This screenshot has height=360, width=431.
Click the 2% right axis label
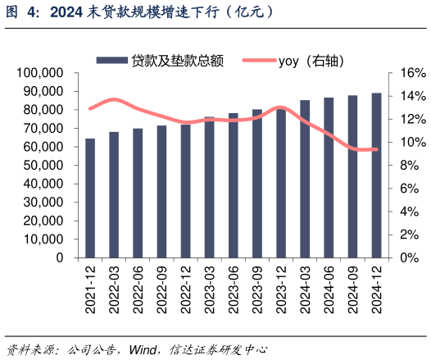[409, 235]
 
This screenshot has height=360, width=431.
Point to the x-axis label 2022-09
[161, 290]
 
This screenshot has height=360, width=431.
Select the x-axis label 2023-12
[281, 290]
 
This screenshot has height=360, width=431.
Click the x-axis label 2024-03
[305, 290]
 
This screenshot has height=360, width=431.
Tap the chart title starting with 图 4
[139, 12]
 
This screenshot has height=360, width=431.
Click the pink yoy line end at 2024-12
[376, 149]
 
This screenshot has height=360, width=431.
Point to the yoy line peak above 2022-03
[114, 99]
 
